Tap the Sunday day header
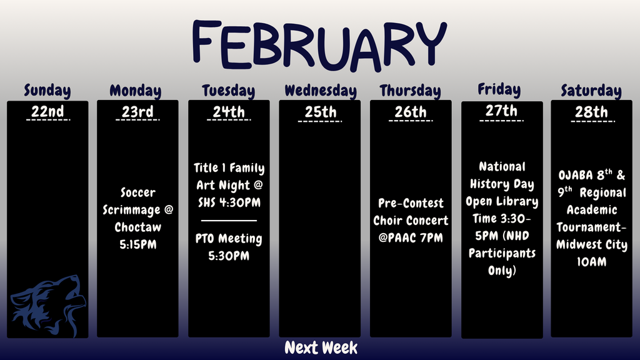click(47, 91)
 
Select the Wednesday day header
click(320, 91)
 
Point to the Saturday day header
click(591, 91)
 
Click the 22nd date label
click(47, 112)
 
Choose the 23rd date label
click(137, 112)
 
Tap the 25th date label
click(320, 112)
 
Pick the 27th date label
click(501, 111)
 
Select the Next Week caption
click(321, 348)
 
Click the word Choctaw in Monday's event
click(137, 227)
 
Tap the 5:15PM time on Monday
click(137, 244)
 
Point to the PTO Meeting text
click(229, 239)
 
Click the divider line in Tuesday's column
click(229, 220)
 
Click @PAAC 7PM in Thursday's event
click(411, 238)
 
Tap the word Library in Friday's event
click(517, 202)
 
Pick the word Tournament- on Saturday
click(591, 227)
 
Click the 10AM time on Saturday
click(591, 262)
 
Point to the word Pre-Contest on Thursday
click(411, 203)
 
